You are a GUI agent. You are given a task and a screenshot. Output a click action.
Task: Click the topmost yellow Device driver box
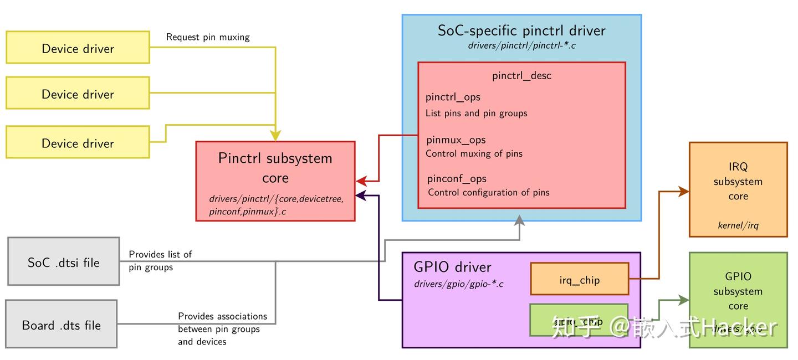coord(78,48)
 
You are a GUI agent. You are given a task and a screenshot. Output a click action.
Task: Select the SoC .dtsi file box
coord(64,262)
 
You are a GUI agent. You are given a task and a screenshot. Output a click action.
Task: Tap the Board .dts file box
coord(61,325)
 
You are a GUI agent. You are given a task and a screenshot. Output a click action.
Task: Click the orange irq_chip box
coord(579,279)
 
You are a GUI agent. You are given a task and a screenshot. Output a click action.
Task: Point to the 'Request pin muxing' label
coord(208,37)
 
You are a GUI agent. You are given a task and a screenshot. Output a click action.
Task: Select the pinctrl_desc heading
coord(521,75)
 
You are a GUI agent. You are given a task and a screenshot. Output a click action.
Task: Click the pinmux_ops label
coord(456,140)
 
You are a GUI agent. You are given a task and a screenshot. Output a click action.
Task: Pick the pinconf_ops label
coord(457,178)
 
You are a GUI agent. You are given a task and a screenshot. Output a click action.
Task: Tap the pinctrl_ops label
coord(453,97)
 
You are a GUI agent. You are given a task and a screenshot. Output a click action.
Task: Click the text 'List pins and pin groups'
coord(476,113)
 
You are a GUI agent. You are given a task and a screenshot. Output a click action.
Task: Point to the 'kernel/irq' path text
coord(738,225)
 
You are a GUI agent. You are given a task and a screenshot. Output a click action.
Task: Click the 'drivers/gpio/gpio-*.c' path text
coord(458,284)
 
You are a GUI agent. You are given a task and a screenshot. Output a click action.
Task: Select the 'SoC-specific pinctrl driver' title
coord(521,30)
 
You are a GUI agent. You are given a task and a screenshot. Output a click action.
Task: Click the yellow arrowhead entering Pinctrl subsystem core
coord(275,136)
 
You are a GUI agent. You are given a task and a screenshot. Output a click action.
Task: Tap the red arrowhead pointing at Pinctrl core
coord(361,181)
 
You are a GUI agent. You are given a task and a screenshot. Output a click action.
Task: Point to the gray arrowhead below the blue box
coord(519,220)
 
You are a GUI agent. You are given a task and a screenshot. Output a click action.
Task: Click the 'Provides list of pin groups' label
coord(160,260)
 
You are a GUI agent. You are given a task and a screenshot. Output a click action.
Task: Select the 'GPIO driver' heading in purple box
coord(452,267)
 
